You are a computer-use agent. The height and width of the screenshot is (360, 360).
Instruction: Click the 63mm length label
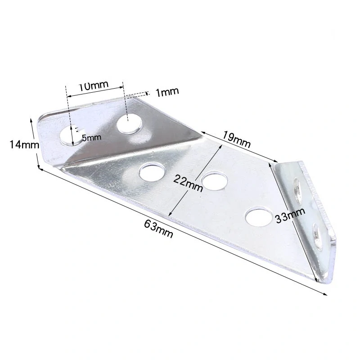159,227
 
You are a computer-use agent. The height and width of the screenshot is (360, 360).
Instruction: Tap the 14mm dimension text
20,144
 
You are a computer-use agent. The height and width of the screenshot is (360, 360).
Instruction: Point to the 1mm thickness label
167,92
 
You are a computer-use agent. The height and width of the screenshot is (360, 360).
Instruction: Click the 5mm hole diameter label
91,138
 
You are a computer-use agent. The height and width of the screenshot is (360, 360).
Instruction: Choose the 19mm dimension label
236,139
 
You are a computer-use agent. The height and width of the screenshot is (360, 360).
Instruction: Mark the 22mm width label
188,182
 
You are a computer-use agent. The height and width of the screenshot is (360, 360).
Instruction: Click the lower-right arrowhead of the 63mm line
326,294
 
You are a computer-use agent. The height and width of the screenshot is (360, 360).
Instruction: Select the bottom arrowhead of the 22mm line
169,215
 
